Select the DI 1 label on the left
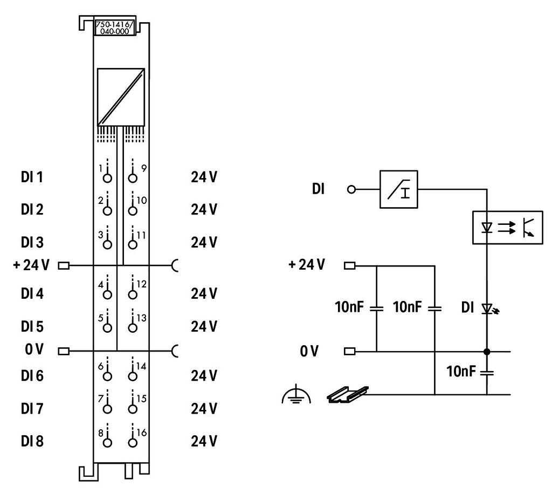pyautogui.click(x=32, y=177)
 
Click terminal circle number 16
pyautogui.click(x=133, y=442)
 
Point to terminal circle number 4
pyautogui.click(x=107, y=294)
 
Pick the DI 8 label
pyautogui.click(x=32, y=442)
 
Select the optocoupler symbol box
pyautogui.click(x=507, y=228)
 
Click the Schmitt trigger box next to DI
pyautogui.click(x=399, y=190)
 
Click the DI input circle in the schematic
pyautogui.click(x=352, y=190)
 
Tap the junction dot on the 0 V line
pyautogui.click(x=487, y=352)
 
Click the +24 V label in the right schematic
pyautogui.click(x=307, y=265)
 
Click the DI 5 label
pyautogui.click(x=32, y=327)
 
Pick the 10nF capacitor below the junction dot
pyautogui.click(x=487, y=372)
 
